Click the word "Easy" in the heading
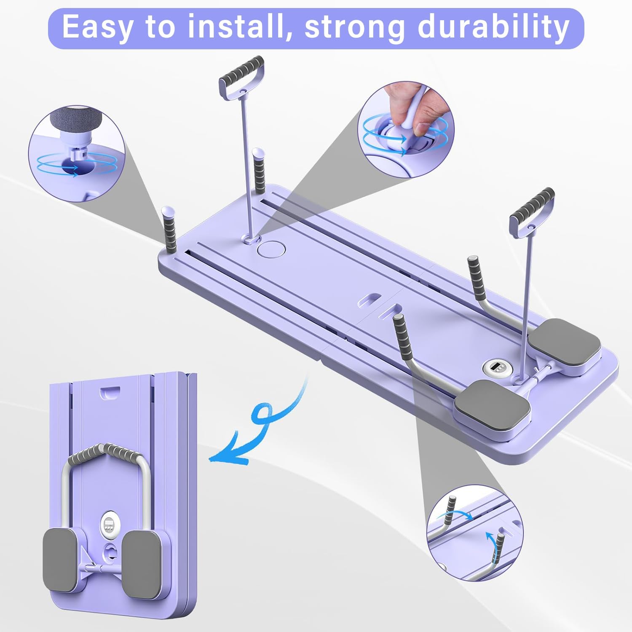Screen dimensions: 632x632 96,27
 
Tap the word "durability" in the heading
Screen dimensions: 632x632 493,27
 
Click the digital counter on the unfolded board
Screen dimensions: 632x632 495,368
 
